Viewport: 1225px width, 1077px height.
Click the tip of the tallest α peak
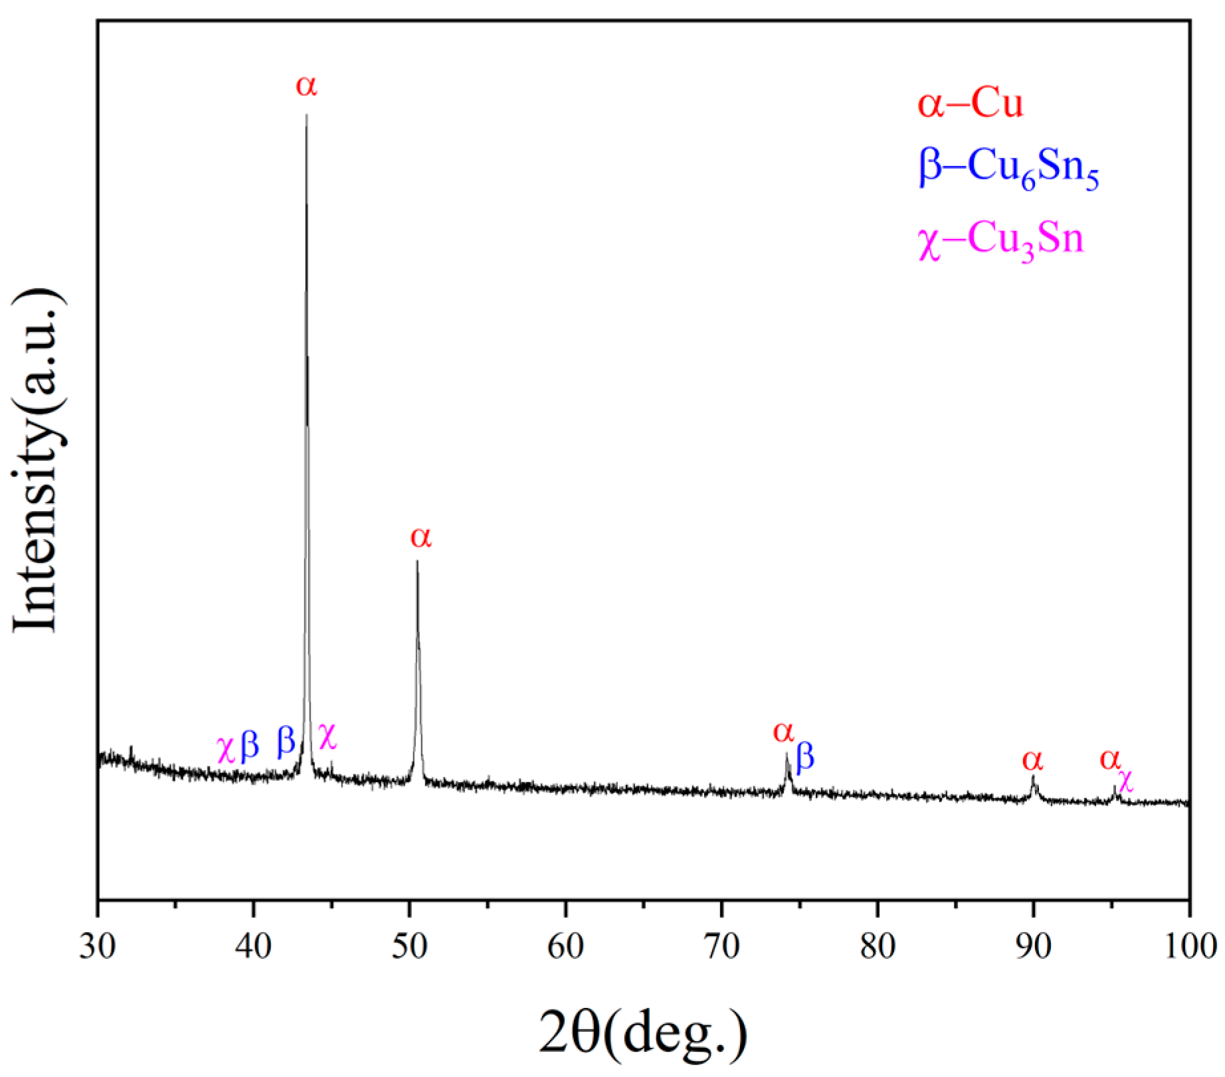(x=306, y=116)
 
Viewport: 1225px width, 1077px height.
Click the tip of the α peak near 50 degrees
(x=417, y=562)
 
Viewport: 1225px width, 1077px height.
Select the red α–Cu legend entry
(x=970, y=106)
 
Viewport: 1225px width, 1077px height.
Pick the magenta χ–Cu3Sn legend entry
(x=1000, y=240)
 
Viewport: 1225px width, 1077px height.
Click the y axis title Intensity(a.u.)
(x=40, y=460)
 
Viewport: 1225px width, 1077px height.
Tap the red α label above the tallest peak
(x=306, y=85)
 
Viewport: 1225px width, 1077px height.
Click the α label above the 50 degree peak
(x=421, y=537)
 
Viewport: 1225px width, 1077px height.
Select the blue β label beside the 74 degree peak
(x=804, y=757)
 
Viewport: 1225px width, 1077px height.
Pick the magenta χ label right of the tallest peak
(x=328, y=736)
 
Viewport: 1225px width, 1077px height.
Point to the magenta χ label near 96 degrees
(x=1125, y=780)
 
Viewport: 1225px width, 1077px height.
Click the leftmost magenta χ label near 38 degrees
(x=226, y=749)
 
